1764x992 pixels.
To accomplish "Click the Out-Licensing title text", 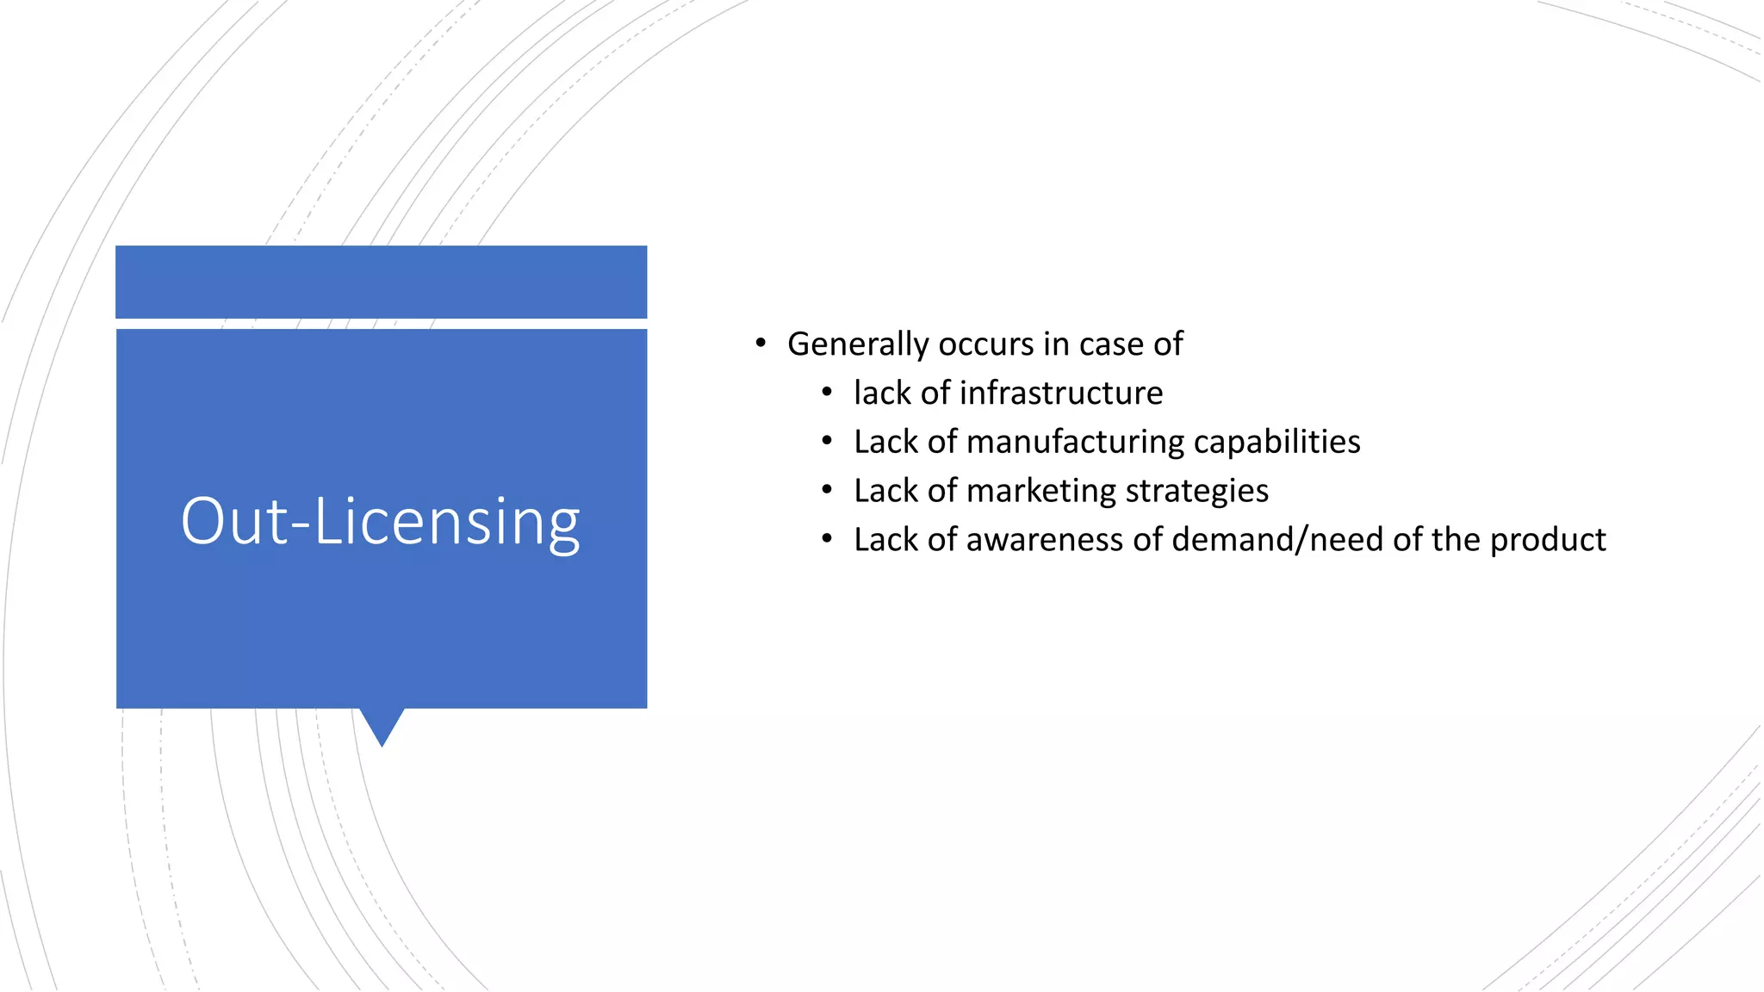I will pyautogui.click(x=380, y=521).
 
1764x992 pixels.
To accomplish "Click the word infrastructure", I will pyautogui.click(x=1061, y=393).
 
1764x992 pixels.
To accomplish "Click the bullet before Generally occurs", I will pyautogui.click(x=760, y=344).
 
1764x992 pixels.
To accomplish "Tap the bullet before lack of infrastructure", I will pyautogui.click(x=827, y=393).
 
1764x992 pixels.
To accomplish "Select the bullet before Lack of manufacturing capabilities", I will pyautogui.click(x=827, y=442).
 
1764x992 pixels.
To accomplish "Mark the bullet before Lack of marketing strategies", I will pyautogui.click(x=827, y=491).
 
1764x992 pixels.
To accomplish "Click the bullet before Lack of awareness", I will pyautogui.click(x=827, y=540).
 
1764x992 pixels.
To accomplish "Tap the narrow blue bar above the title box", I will pyautogui.click(x=381, y=282).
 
